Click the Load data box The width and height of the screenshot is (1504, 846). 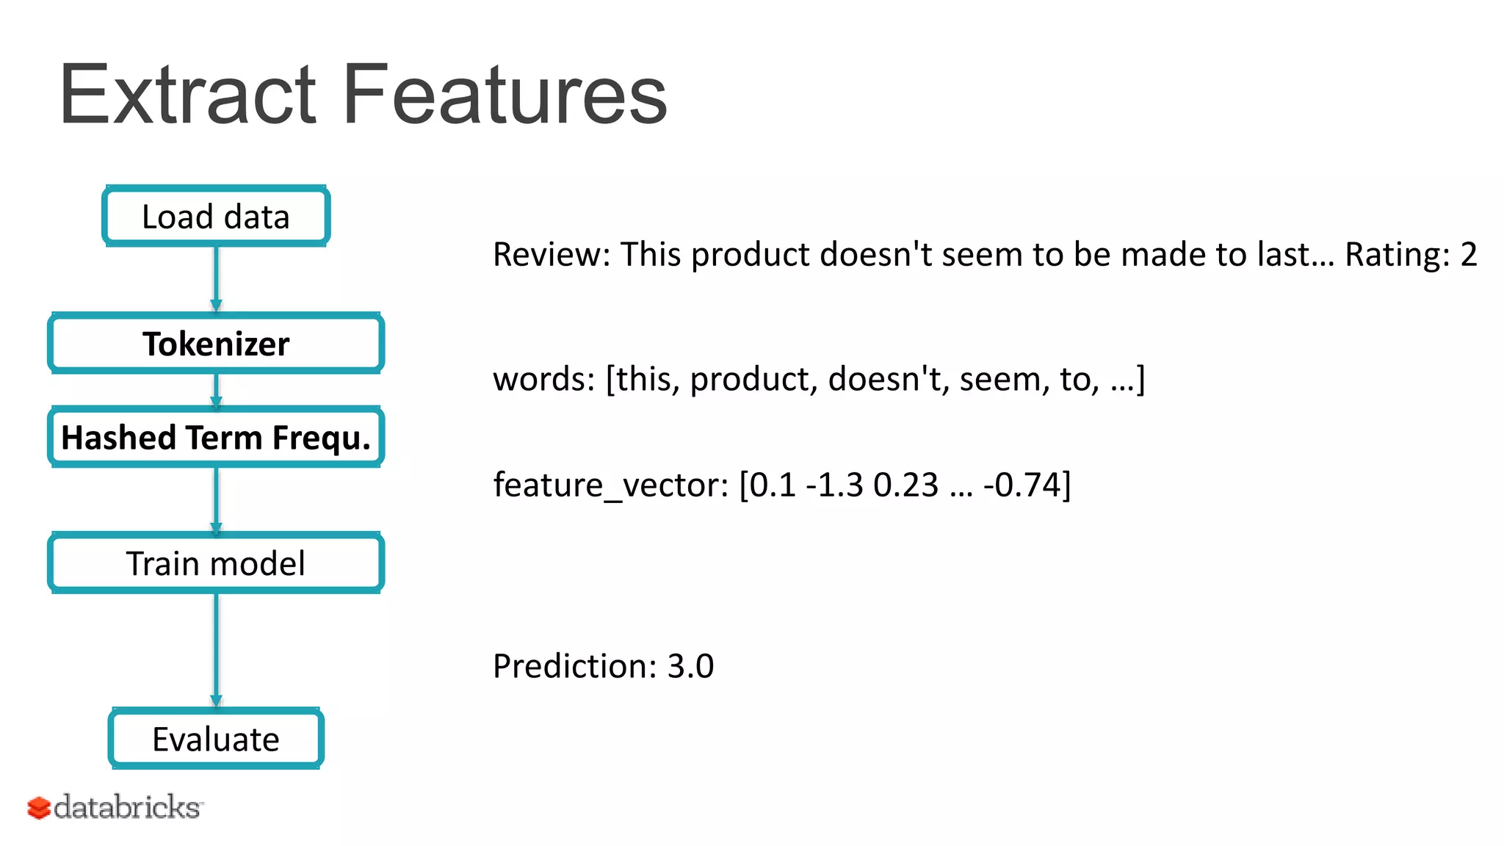tap(216, 217)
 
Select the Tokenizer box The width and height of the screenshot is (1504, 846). tap(216, 344)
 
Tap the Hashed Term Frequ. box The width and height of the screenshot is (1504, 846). tap(216, 438)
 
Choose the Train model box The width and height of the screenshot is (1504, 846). tap(216, 563)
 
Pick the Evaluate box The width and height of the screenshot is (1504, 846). tap(216, 739)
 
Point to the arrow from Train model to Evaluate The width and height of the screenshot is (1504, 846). tap(216, 650)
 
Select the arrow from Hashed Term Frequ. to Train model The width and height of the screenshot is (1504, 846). tap(216, 500)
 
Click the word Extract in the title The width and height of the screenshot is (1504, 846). tap(188, 95)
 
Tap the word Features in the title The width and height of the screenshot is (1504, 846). tap(505, 95)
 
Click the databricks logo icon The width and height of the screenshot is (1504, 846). tap(39, 808)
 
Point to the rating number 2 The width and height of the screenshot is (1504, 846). tap(1469, 255)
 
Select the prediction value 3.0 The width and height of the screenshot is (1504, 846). tap(690, 666)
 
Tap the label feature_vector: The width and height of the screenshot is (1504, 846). tap(610, 485)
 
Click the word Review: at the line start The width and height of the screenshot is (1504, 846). tap(552, 255)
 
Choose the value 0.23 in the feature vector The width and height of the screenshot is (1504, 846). tap(905, 485)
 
